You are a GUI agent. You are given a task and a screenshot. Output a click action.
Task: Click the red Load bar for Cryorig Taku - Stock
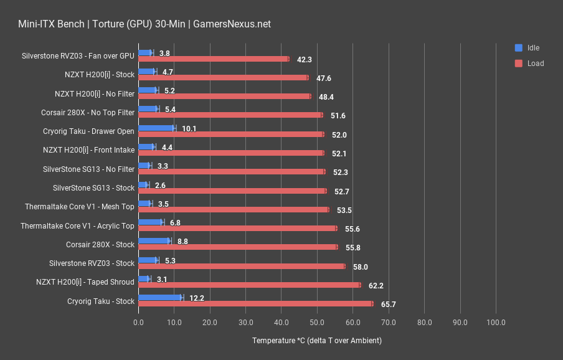pos(255,304)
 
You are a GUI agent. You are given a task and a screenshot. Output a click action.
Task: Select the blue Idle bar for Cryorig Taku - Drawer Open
pos(157,128)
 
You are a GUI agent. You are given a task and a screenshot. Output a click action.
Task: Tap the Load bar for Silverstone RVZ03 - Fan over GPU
pos(214,59)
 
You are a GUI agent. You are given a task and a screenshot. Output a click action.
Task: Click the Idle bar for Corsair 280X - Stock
pos(154,240)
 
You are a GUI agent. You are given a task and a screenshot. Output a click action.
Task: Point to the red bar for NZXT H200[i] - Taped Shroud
pos(249,285)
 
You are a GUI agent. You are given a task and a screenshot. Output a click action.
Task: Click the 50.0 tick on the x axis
pos(317,323)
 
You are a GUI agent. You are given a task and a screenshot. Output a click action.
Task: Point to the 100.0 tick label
pos(496,323)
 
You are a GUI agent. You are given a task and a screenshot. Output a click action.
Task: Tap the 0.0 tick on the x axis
pos(138,323)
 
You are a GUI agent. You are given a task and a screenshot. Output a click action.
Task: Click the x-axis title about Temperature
pos(316,341)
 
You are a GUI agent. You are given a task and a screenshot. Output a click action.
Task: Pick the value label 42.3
pos(305,60)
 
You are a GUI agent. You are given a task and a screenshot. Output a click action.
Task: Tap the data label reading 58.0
pos(361,267)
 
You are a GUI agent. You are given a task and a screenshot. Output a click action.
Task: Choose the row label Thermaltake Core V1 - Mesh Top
pos(79,207)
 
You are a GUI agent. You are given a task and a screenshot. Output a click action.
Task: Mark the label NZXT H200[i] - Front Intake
pos(88,150)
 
